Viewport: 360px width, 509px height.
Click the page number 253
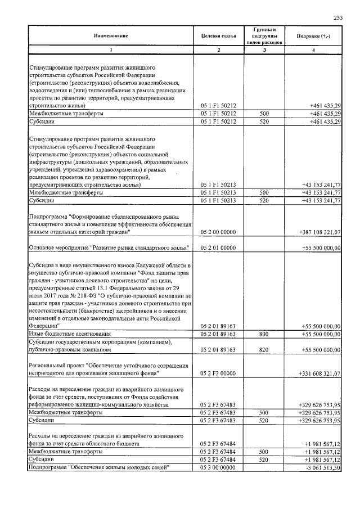tap(338, 17)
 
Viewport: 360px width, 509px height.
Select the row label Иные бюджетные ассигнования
tap(62, 334)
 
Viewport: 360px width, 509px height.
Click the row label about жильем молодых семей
tap(98, 467)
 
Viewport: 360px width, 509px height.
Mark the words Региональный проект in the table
tap(54, 365)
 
